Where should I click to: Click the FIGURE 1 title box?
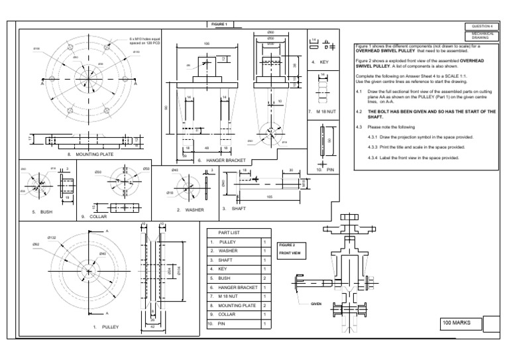tap(219, 25)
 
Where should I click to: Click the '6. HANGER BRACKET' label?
tap(221, 160)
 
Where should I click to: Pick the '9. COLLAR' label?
tap(93, 216)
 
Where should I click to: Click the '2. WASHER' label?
tap(189, 210)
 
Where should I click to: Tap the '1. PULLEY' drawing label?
tap(104, 327)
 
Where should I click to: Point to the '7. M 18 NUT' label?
tap(319, 112)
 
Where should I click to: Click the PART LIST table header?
tap(228, 232)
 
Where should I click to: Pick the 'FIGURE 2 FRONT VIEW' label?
tap(288, 249)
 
